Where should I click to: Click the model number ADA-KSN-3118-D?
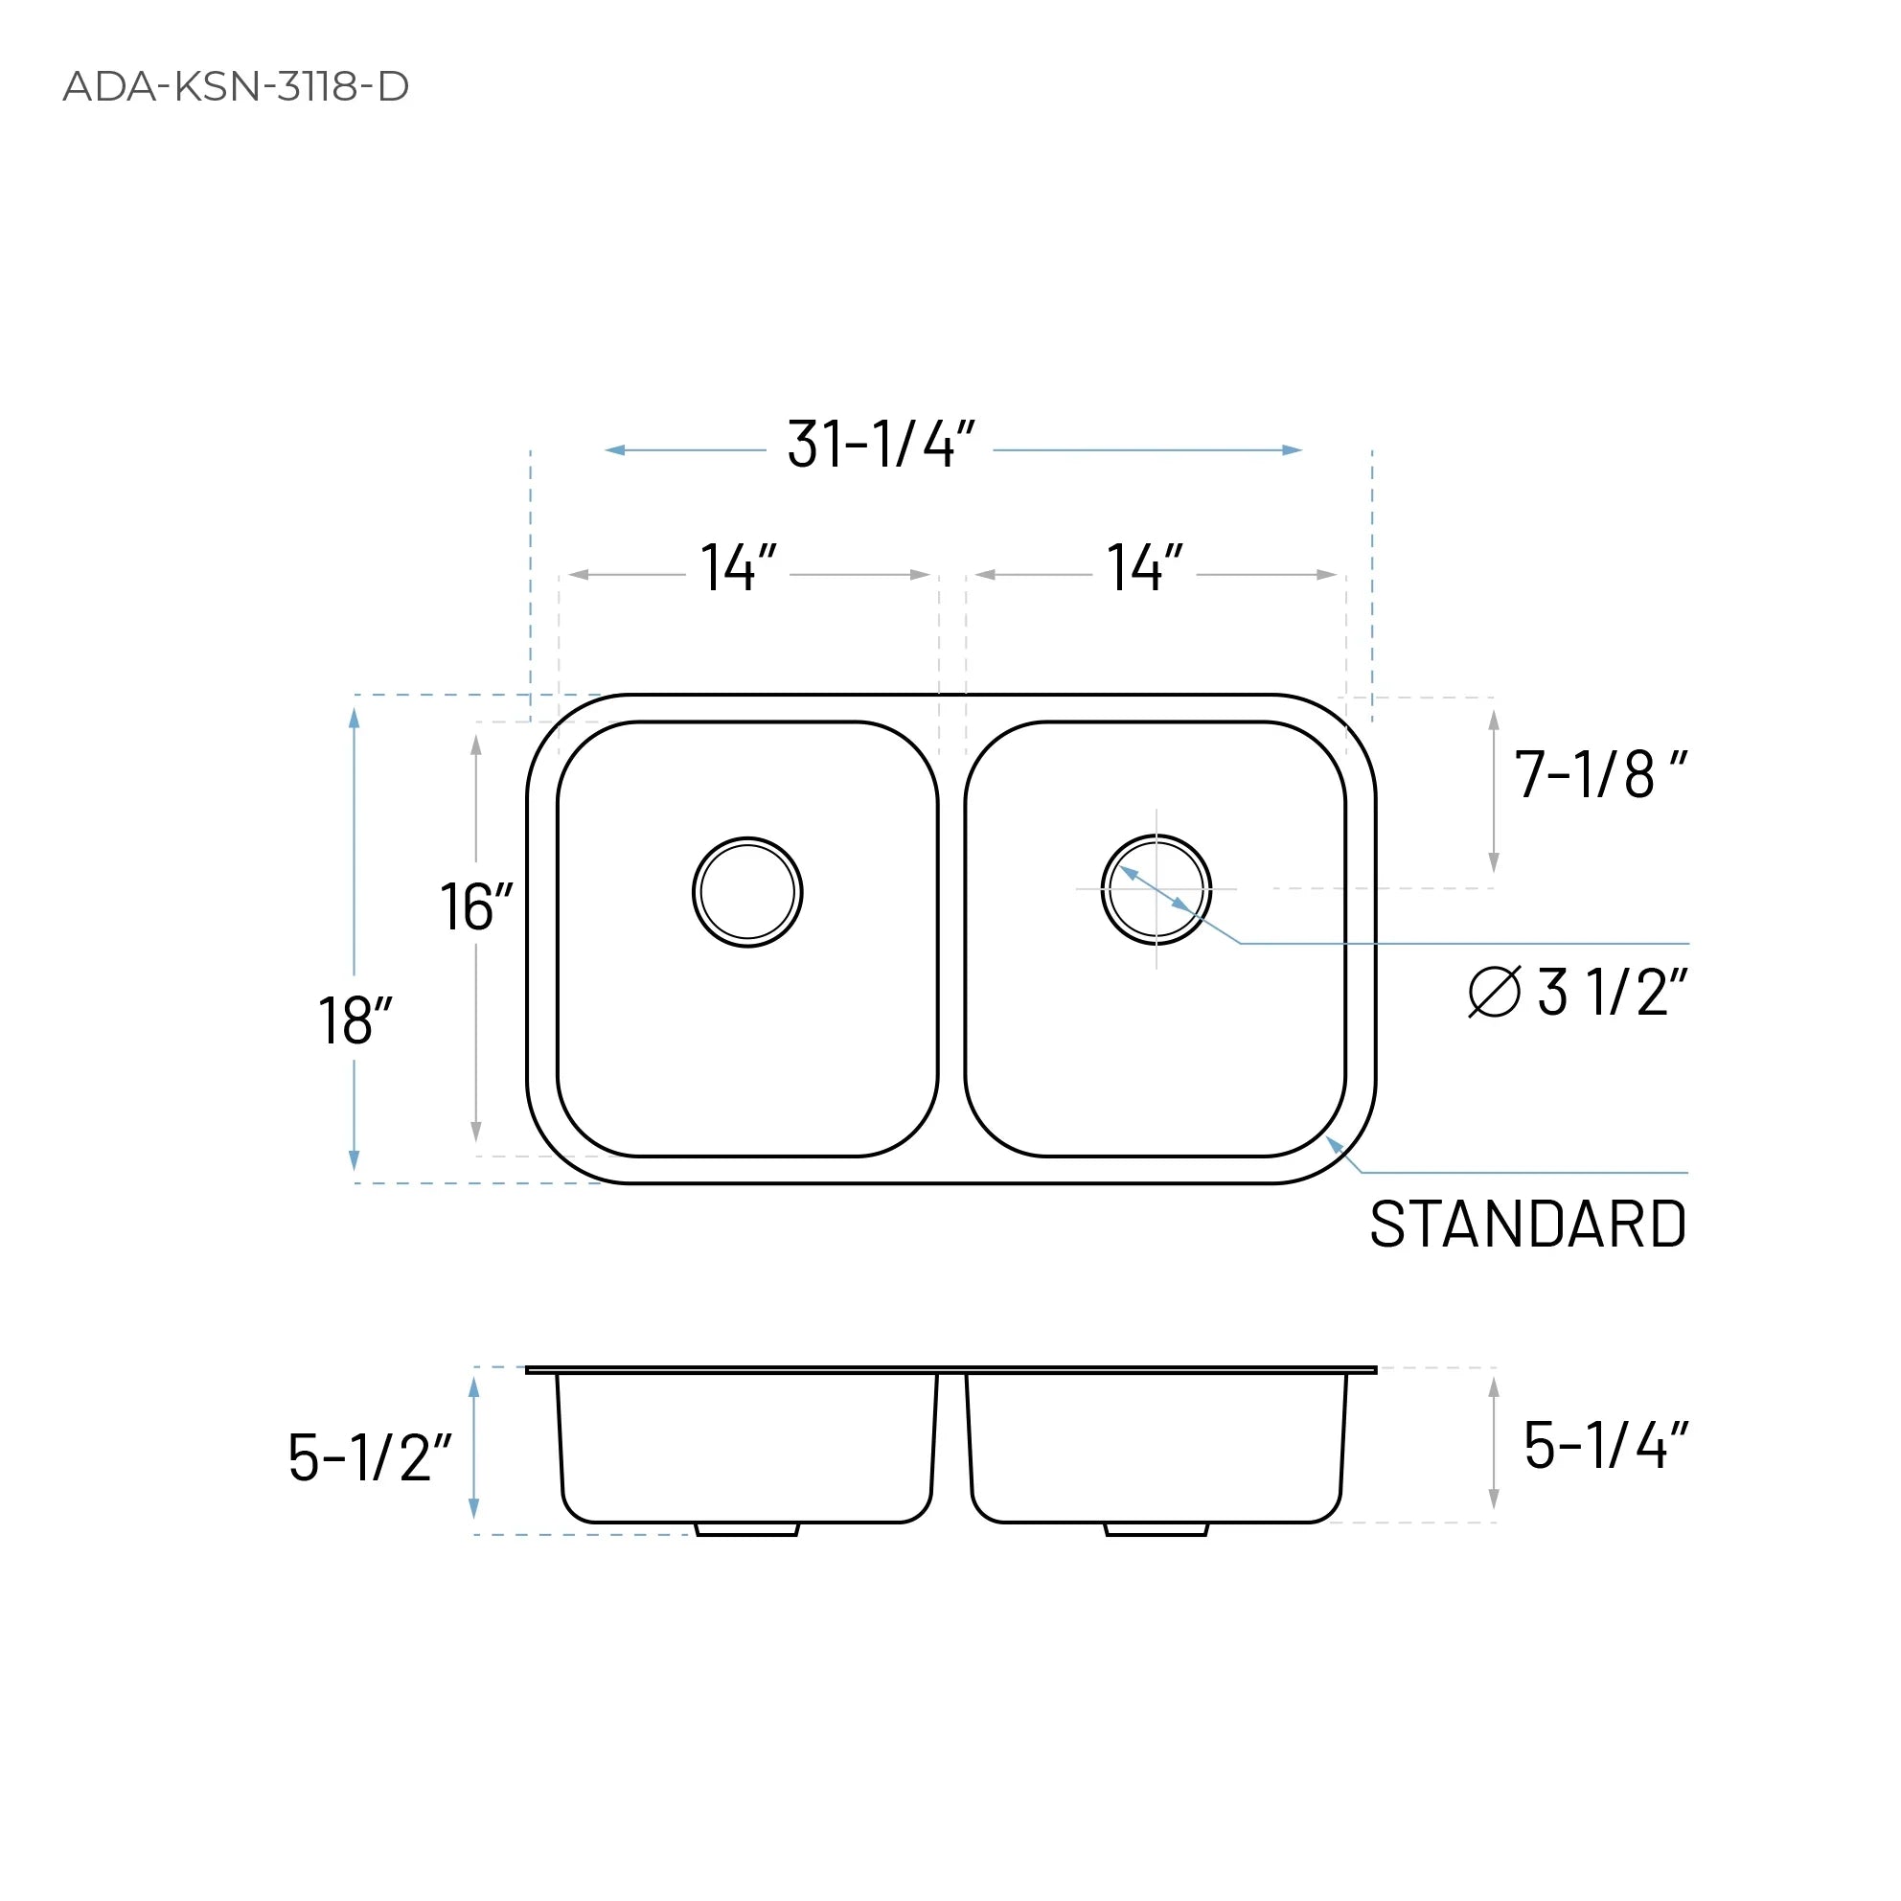(235, 86)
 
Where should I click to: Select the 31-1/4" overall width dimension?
(880, 445)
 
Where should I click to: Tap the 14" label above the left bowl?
(738, 568)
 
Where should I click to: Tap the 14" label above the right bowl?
(1144, 568)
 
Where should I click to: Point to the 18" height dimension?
(355, 1020)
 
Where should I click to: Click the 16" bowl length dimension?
(475, 906)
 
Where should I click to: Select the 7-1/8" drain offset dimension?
(1599, 774)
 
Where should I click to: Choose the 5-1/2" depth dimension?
(369, 1457)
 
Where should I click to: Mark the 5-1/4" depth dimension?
(1605, 1446)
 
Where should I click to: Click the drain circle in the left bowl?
(746, 892)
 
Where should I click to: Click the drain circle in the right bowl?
(1156, 889)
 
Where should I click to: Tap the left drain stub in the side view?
(746, 1529)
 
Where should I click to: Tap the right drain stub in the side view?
(1156, 1529)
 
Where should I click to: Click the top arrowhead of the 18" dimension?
(355, 718)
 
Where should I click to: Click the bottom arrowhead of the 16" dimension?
(476, 1132)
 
